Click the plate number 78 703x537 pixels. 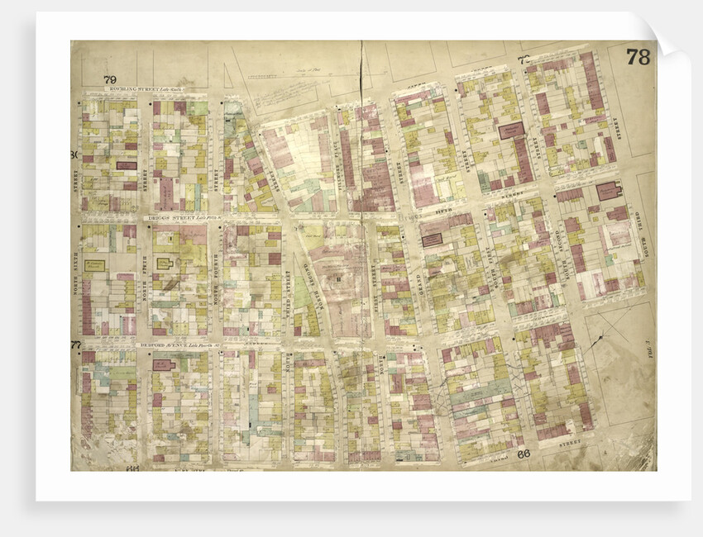point(637,57)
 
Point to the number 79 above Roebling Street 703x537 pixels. point(110,80)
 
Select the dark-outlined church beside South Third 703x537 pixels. point(610,191)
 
